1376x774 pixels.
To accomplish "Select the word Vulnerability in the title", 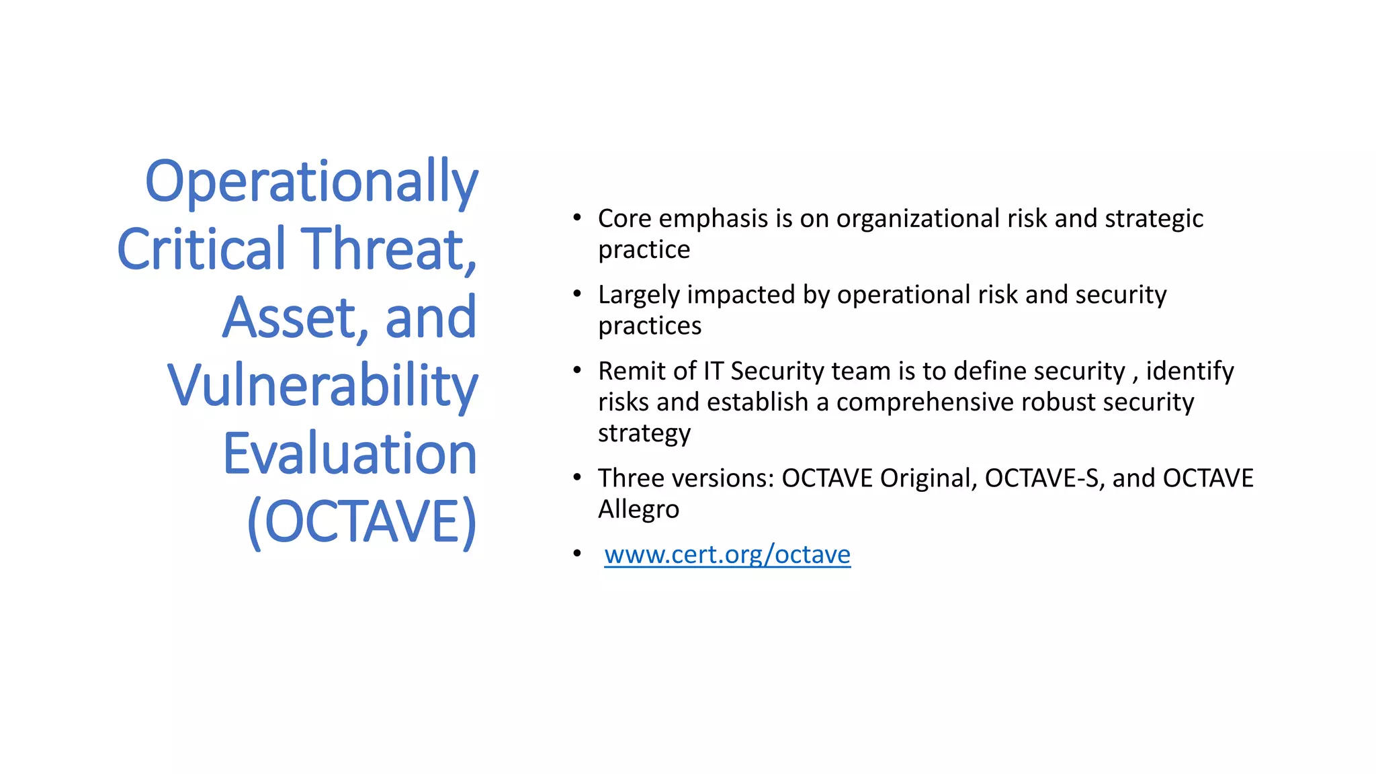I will coord(322,386).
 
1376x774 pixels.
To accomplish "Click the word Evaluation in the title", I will coord(349,454).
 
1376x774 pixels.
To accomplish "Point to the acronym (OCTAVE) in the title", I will coord(361,522).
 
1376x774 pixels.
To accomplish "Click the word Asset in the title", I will coord(294,318).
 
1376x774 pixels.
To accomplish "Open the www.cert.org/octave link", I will coord(727,555).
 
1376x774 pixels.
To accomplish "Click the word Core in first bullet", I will coord(625,219).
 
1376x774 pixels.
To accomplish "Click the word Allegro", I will coord(638,509).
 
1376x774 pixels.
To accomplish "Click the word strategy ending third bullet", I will coord(644,434).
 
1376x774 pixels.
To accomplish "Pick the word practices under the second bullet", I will coord(649,327).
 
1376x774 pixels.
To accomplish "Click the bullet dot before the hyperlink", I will coord(577,554).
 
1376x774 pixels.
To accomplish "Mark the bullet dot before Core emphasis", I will coord(577,218).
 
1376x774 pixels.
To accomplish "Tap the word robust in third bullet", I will coord(1058,402).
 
